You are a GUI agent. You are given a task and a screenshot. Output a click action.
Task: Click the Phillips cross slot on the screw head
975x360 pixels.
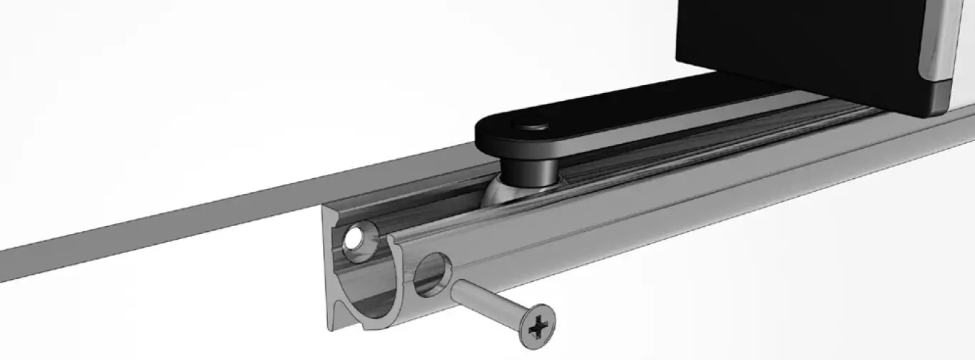[x=537, y=329]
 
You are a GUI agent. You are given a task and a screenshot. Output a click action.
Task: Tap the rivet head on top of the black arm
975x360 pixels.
[x=533, y=126]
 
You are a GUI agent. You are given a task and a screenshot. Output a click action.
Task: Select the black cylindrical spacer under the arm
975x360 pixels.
[x=529, y=171]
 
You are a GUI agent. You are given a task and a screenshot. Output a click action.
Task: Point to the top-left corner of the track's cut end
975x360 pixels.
[x=324, y=208]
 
